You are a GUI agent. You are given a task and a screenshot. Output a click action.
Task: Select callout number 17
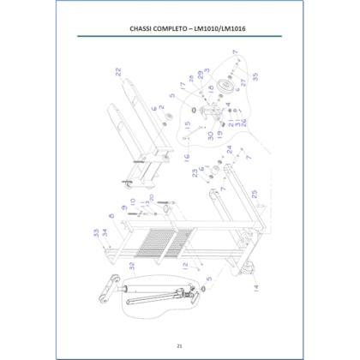tap(182, 86)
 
